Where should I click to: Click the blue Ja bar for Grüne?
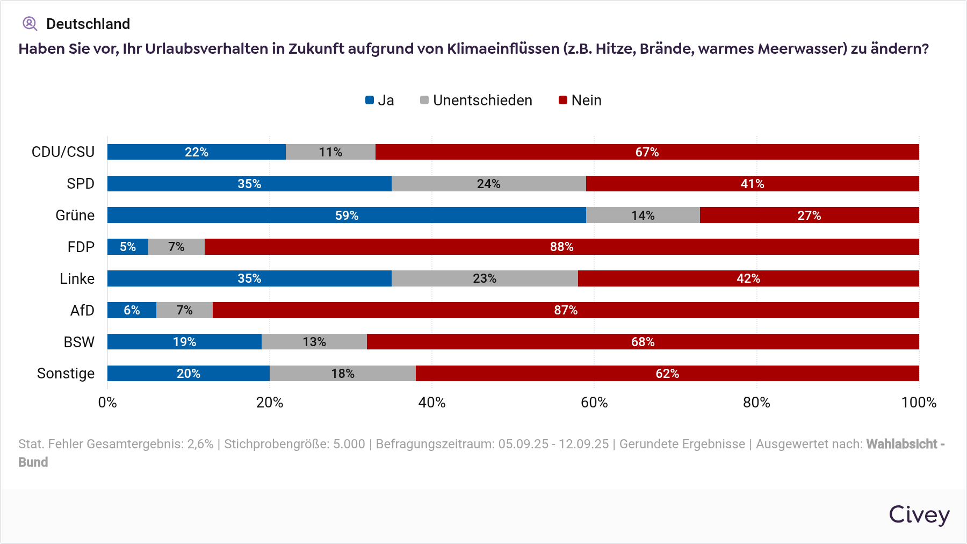tap(347, 215)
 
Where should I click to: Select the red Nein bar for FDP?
tap(561, 247)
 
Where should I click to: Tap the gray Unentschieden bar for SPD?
tap(488, 184)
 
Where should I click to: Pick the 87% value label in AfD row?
tap(566, 310)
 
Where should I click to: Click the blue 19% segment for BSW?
tap(184, 342)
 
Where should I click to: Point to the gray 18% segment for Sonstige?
tap(343, 374)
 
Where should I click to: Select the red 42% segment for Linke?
tap(748, 278)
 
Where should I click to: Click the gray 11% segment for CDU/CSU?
tap(330, 152)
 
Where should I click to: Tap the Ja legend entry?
tap(380, 101)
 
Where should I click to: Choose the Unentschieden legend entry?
tap(477, 101)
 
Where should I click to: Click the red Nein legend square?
tap(563, 100)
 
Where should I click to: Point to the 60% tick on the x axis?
tap(594, 403)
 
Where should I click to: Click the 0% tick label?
tap(107, 403)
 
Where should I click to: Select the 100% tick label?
tap(919, 403)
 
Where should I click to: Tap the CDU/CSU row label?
tap(63, 152)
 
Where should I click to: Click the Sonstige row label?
tap(66, 374)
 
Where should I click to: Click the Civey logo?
tap(919, 515)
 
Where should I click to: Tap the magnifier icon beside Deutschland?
tap(30, 24)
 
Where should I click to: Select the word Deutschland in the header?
tap(88, 24)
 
